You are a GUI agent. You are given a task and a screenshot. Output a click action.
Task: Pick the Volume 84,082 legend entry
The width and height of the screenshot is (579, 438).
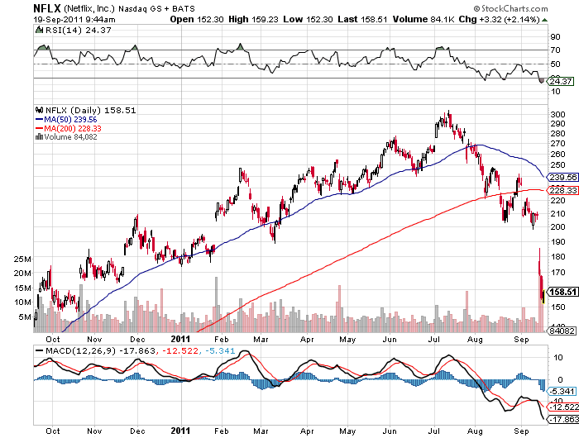(69, 137)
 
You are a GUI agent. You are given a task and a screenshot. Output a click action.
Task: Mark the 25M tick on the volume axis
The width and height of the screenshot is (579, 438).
(22, 259)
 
